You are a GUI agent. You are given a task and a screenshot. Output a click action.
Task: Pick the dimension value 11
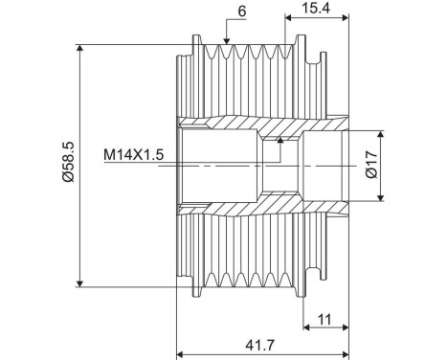[x=323, y=319]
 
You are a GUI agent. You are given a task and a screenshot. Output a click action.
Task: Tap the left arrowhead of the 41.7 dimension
[x=182, y=353]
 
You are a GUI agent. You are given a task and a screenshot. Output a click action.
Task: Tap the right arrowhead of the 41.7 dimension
[x=346, y=353]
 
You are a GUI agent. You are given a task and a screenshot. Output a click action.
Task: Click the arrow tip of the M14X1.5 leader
[x=280, y=139]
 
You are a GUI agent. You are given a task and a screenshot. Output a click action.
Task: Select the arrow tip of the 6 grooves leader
[x=226, y=44]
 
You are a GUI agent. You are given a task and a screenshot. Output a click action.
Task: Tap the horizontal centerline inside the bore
[x=230, y=165]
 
